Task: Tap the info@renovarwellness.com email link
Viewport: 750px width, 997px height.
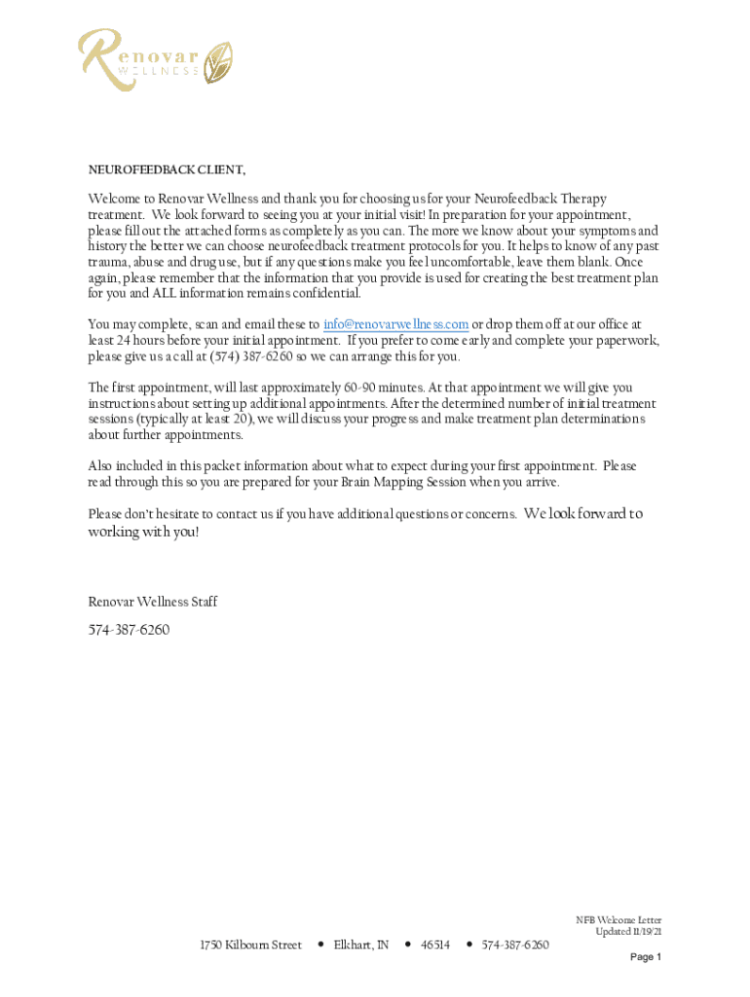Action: (x=395, y=324)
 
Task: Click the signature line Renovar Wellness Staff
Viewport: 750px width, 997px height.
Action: (x=153, y=602)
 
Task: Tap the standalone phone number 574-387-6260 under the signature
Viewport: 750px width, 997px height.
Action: (x=129, y=630)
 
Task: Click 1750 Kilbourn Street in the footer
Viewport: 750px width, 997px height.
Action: (x=250, y=945)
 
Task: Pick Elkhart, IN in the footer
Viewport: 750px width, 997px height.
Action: (x=361, y=945)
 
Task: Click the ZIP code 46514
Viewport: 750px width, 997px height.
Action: (x=434, y=945)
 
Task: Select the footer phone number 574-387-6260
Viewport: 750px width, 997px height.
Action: (x=515, y=945)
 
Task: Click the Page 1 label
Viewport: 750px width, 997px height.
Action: (x=645, y=957)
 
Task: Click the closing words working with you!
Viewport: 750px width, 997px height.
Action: (x=143, y=533)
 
